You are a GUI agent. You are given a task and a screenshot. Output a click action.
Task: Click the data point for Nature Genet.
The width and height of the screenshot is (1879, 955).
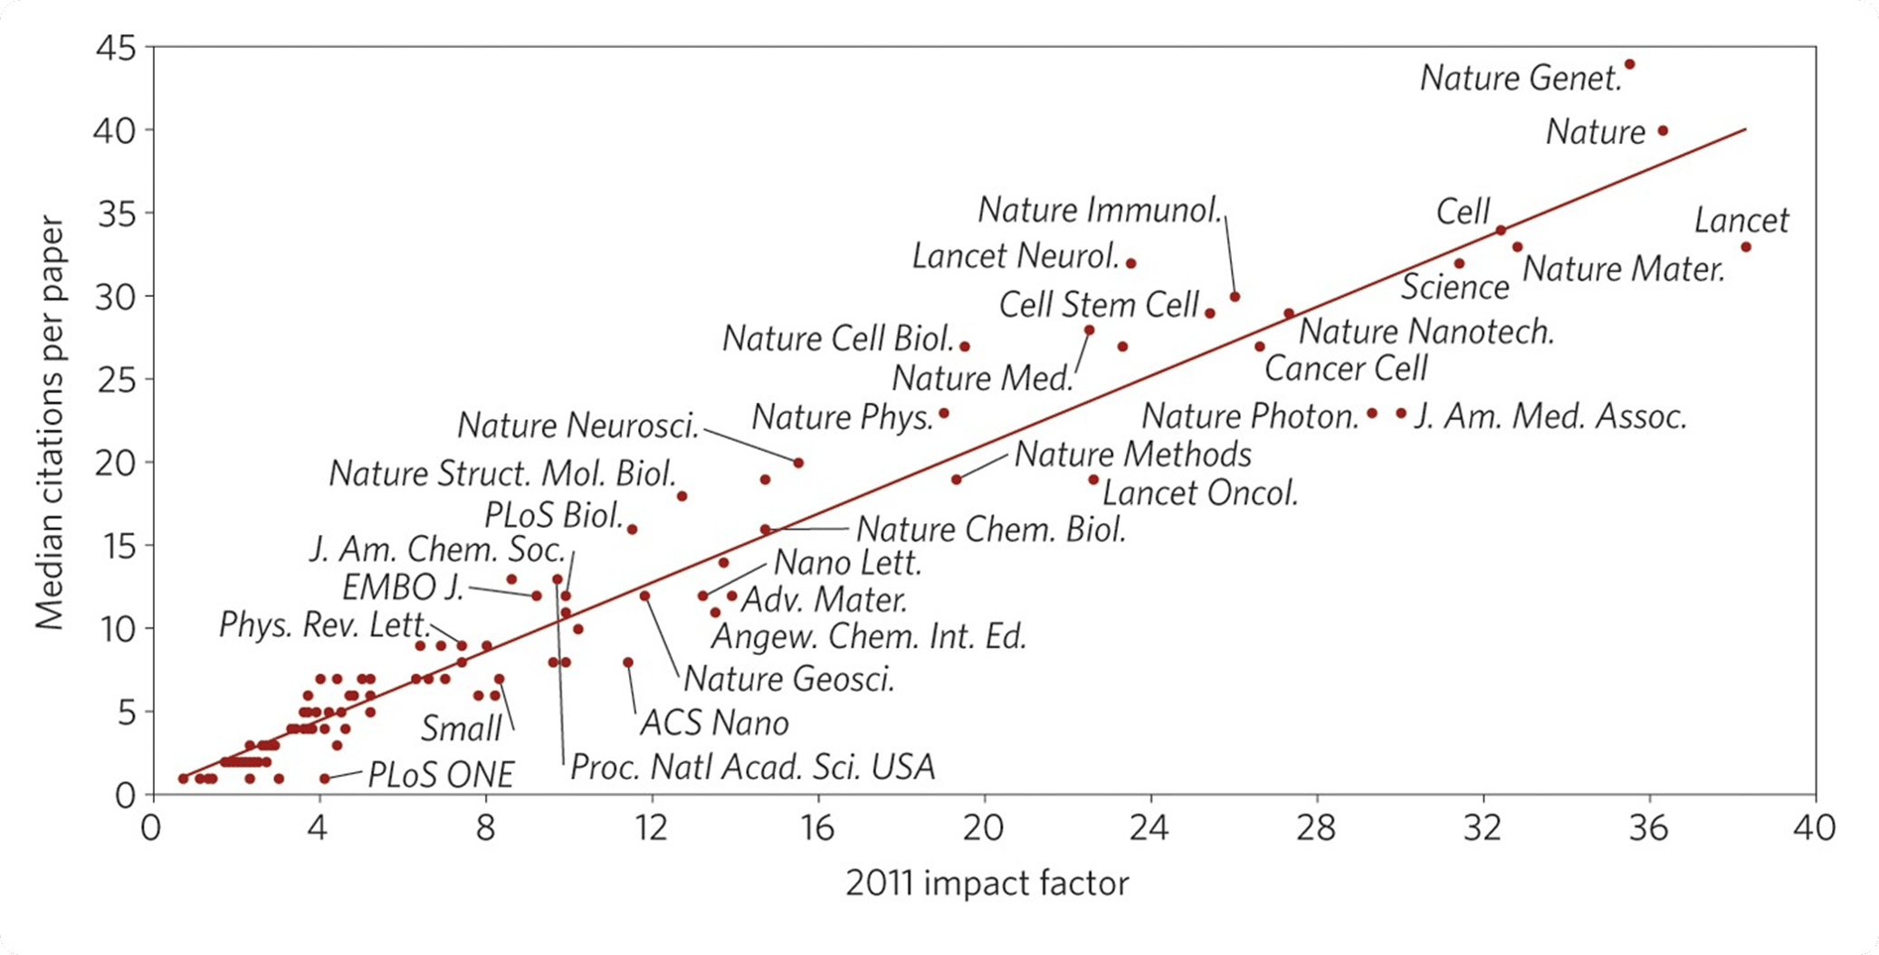click(1629, 64)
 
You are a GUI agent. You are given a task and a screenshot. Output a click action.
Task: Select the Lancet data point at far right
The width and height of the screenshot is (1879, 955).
click(1745, 247)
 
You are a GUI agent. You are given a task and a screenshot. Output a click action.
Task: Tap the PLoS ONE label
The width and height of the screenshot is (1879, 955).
click(441, 775)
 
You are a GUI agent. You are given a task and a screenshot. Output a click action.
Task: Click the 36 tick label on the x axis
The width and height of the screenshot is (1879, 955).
click(1649, 827)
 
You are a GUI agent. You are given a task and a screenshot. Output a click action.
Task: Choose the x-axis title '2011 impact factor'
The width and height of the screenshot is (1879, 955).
click(987, 883)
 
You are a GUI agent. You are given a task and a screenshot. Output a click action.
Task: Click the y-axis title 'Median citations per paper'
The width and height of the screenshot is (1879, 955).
click(51, 423)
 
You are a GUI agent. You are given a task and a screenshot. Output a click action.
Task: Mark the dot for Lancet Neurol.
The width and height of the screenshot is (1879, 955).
click(1130, 263)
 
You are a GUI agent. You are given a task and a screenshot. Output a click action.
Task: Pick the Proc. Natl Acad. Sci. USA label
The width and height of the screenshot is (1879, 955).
click(752, 768)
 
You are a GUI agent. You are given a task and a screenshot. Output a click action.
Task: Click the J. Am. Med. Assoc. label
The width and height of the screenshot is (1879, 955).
click(1550, 416)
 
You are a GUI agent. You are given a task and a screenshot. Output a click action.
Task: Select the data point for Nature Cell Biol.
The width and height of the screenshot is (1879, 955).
click(965, 347)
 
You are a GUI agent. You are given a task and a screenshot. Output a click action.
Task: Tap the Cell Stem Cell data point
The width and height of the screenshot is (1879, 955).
click(1210, 313)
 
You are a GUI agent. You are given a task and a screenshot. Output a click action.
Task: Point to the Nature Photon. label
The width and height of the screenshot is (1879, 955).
click(1250, 416)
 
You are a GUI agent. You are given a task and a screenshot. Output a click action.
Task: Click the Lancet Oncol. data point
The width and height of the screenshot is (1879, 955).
click(1093, 480)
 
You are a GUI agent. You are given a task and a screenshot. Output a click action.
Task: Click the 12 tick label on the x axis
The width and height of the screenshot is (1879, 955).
click(651, 827)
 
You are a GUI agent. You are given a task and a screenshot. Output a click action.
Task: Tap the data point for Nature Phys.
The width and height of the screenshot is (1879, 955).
click(944, 413)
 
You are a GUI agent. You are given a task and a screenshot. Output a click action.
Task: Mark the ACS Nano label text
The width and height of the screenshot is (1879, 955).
click(715, 722)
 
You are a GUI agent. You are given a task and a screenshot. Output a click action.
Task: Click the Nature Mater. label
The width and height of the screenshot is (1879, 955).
click(1624, 270)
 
